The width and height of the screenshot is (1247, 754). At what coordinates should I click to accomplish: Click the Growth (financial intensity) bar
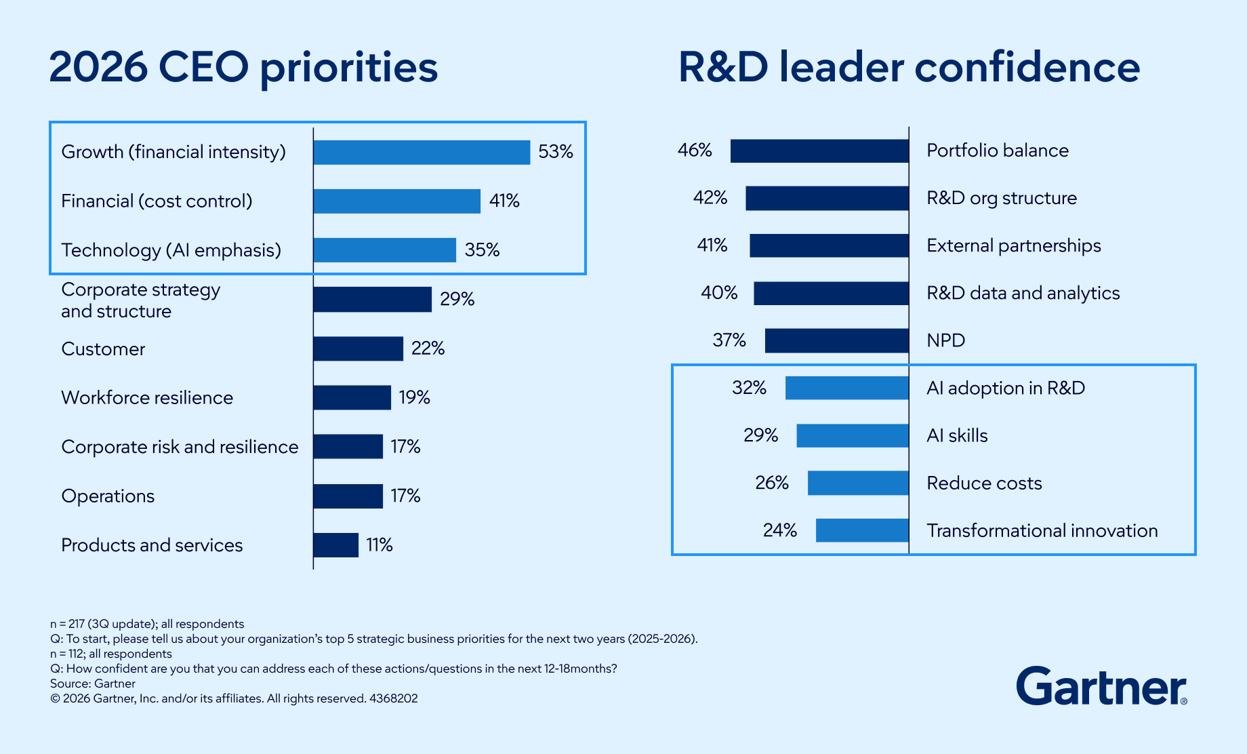point(422,152)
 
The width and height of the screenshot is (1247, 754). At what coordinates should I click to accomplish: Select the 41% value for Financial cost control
point(504,201)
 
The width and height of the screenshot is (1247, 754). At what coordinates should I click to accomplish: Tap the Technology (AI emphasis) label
point(171,250)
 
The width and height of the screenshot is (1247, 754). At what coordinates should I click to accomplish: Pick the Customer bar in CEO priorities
point(358,349)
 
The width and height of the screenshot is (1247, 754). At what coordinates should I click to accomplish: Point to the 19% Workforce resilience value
point(414,397)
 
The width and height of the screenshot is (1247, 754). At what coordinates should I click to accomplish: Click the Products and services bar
point(335,545)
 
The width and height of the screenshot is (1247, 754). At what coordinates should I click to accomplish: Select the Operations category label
point(108,496)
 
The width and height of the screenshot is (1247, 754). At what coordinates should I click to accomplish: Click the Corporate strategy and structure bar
point(372,299)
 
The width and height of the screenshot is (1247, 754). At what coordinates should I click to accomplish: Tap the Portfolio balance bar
point(819,151)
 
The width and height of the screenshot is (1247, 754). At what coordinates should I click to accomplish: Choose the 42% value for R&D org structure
point(710,198)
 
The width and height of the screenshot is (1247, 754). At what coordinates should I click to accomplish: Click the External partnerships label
point(1013,245)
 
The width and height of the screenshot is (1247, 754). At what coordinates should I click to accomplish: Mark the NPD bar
point(837,340)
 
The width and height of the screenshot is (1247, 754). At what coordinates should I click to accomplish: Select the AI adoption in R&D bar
point(847,388)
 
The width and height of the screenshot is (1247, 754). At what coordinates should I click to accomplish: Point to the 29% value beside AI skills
point(760,435)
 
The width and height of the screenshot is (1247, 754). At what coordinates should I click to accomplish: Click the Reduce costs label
point(984,483)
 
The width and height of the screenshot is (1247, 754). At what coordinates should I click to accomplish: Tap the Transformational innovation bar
point(862,530)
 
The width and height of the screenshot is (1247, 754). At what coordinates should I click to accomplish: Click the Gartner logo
point(1101,686)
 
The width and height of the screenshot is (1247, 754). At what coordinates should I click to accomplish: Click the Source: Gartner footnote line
point(93,683)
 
